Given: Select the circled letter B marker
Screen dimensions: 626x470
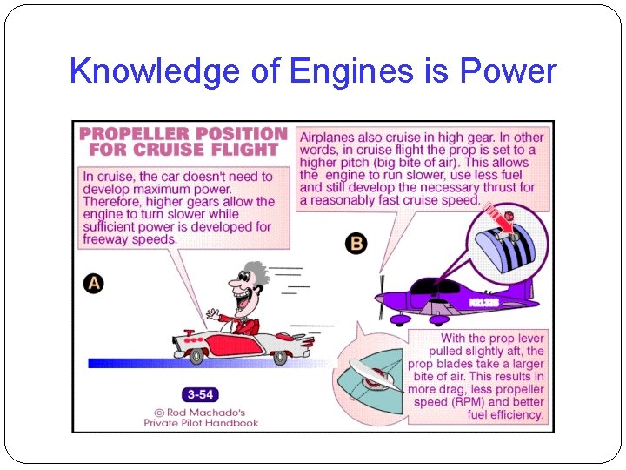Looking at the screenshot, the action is coord(356,243).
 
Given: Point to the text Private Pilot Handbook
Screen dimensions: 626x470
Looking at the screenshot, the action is coord(201,422).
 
